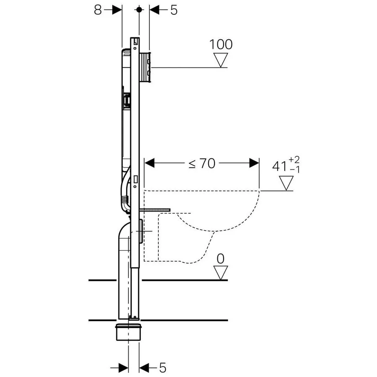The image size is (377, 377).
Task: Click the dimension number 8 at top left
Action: [x=98, y=10]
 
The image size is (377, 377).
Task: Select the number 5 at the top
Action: [x=173, y=10]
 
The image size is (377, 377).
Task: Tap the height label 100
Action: [x=221, y=44]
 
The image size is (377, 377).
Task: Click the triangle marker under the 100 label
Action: [x=222, y=60]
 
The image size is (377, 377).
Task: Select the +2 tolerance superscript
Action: [x=294, y=159]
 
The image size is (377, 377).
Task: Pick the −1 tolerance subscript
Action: [x=294, y=170]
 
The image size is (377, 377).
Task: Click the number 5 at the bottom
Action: [x=163, y=368]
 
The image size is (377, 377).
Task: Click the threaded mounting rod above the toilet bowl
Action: [x=155, y=209]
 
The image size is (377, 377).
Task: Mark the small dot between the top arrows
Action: [x=139, y=9]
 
